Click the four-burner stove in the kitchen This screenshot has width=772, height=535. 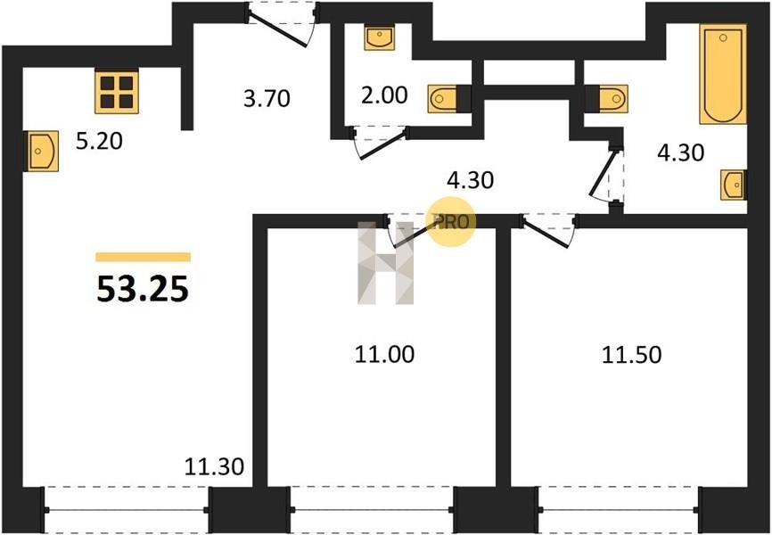(117, 89)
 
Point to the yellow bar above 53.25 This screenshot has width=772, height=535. (143, 257)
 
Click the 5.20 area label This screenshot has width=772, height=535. (98, 141)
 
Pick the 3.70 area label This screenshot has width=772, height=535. (267, 98)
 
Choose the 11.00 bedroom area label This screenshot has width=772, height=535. (384, 355)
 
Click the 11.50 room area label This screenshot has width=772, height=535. (631, 355)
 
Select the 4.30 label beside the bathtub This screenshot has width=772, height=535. (680, 152)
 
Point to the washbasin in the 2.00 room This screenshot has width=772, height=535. (380, 38)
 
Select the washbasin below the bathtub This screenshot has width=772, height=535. (733, 185)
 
